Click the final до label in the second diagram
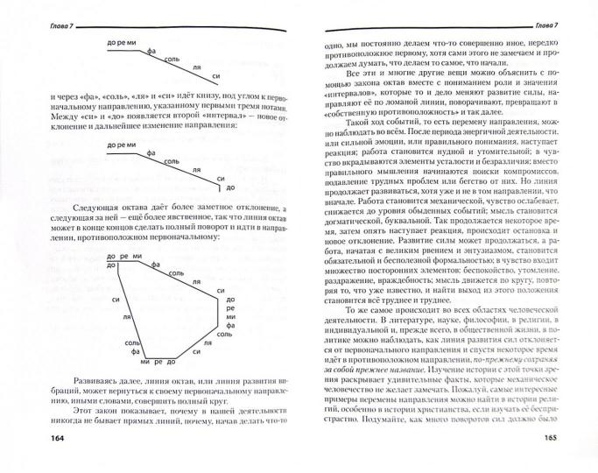229,187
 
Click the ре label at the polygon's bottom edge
155,362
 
